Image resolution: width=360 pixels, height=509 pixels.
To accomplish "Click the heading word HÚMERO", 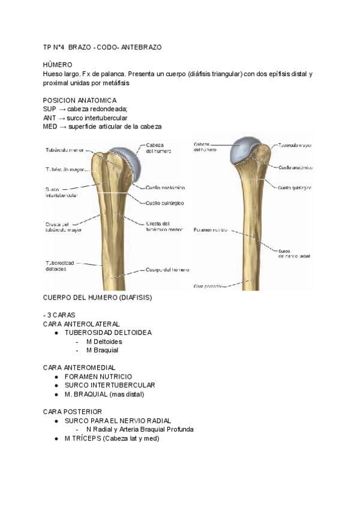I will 58,64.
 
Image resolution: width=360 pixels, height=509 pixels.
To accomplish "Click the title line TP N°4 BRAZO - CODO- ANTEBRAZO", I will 103,46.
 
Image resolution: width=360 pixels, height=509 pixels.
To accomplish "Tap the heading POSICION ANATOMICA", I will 80,100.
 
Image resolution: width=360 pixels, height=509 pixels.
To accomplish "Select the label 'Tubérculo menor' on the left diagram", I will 64,150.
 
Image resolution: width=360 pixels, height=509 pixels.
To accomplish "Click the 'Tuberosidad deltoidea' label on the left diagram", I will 61,265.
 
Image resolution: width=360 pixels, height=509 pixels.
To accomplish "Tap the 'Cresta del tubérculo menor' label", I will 164,226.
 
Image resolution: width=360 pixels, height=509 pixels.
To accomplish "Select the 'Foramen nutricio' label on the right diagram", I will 211,230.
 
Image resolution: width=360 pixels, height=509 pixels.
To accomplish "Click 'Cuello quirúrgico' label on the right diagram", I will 295,187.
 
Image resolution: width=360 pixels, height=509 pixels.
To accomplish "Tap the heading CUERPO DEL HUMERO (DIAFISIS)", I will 97,297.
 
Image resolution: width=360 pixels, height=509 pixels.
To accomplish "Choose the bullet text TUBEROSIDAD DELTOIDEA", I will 108,333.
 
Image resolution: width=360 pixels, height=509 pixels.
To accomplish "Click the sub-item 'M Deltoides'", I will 104,342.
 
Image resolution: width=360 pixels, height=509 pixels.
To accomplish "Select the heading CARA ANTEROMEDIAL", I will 79,367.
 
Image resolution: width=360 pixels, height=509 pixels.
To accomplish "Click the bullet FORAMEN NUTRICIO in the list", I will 98,376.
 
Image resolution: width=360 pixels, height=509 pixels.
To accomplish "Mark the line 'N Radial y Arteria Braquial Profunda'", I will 139,429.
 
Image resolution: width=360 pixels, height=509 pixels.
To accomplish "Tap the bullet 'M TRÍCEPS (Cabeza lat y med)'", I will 112,438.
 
